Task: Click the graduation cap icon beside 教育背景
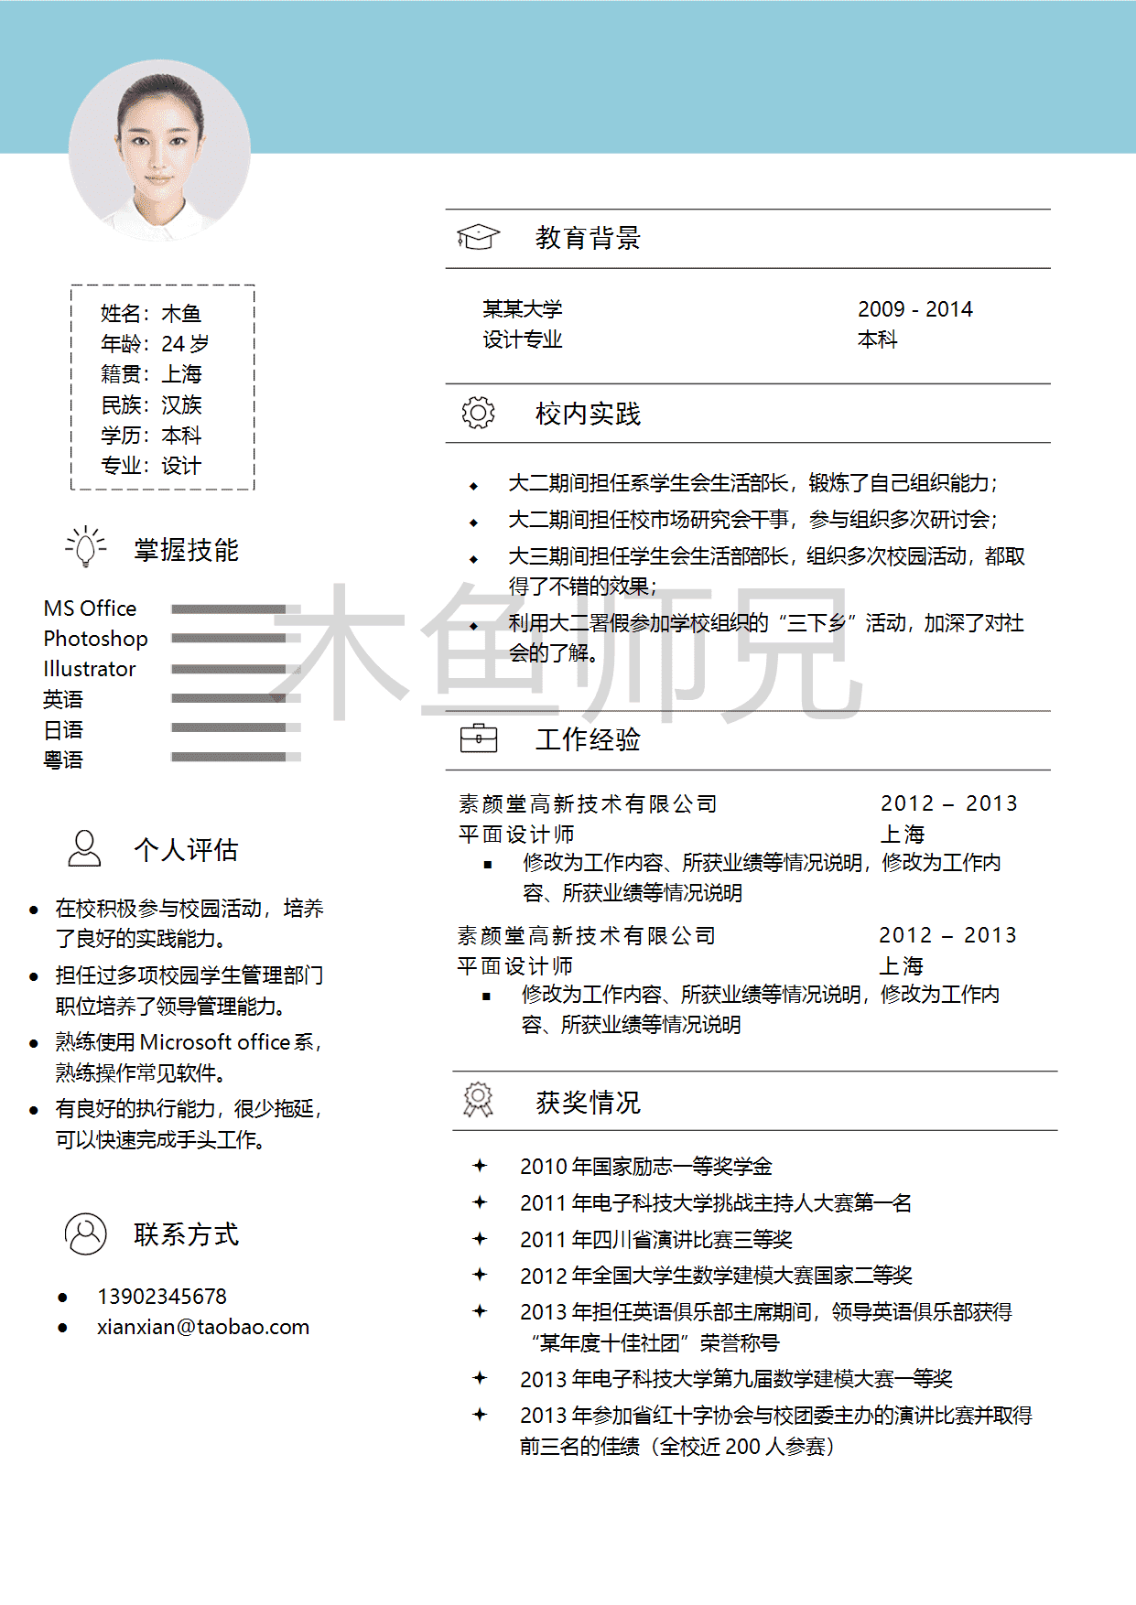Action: tap(478, 237)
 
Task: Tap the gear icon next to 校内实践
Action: tap(478, 413)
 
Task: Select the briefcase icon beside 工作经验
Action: tap(478, 738)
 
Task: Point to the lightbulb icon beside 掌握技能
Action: tap(86, 546)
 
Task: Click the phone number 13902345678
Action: tap(162, 1297)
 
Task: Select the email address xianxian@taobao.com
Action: tap(203, 1327)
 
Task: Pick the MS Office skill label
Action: tap(90, 609)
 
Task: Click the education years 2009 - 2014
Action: tap(914, 309)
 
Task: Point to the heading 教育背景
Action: tap(588, 238)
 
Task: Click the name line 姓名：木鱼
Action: tap(151, 314)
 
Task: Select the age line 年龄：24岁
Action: tap(155, 344)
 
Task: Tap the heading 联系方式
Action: tap(186, 1234)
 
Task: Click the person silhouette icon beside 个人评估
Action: tap(84, 848)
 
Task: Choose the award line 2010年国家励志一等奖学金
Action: tap(645, 1167)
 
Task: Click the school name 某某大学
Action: tap(523, 309)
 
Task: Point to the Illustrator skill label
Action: tap(90, 669)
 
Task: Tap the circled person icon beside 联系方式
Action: tap(86, 1233)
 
